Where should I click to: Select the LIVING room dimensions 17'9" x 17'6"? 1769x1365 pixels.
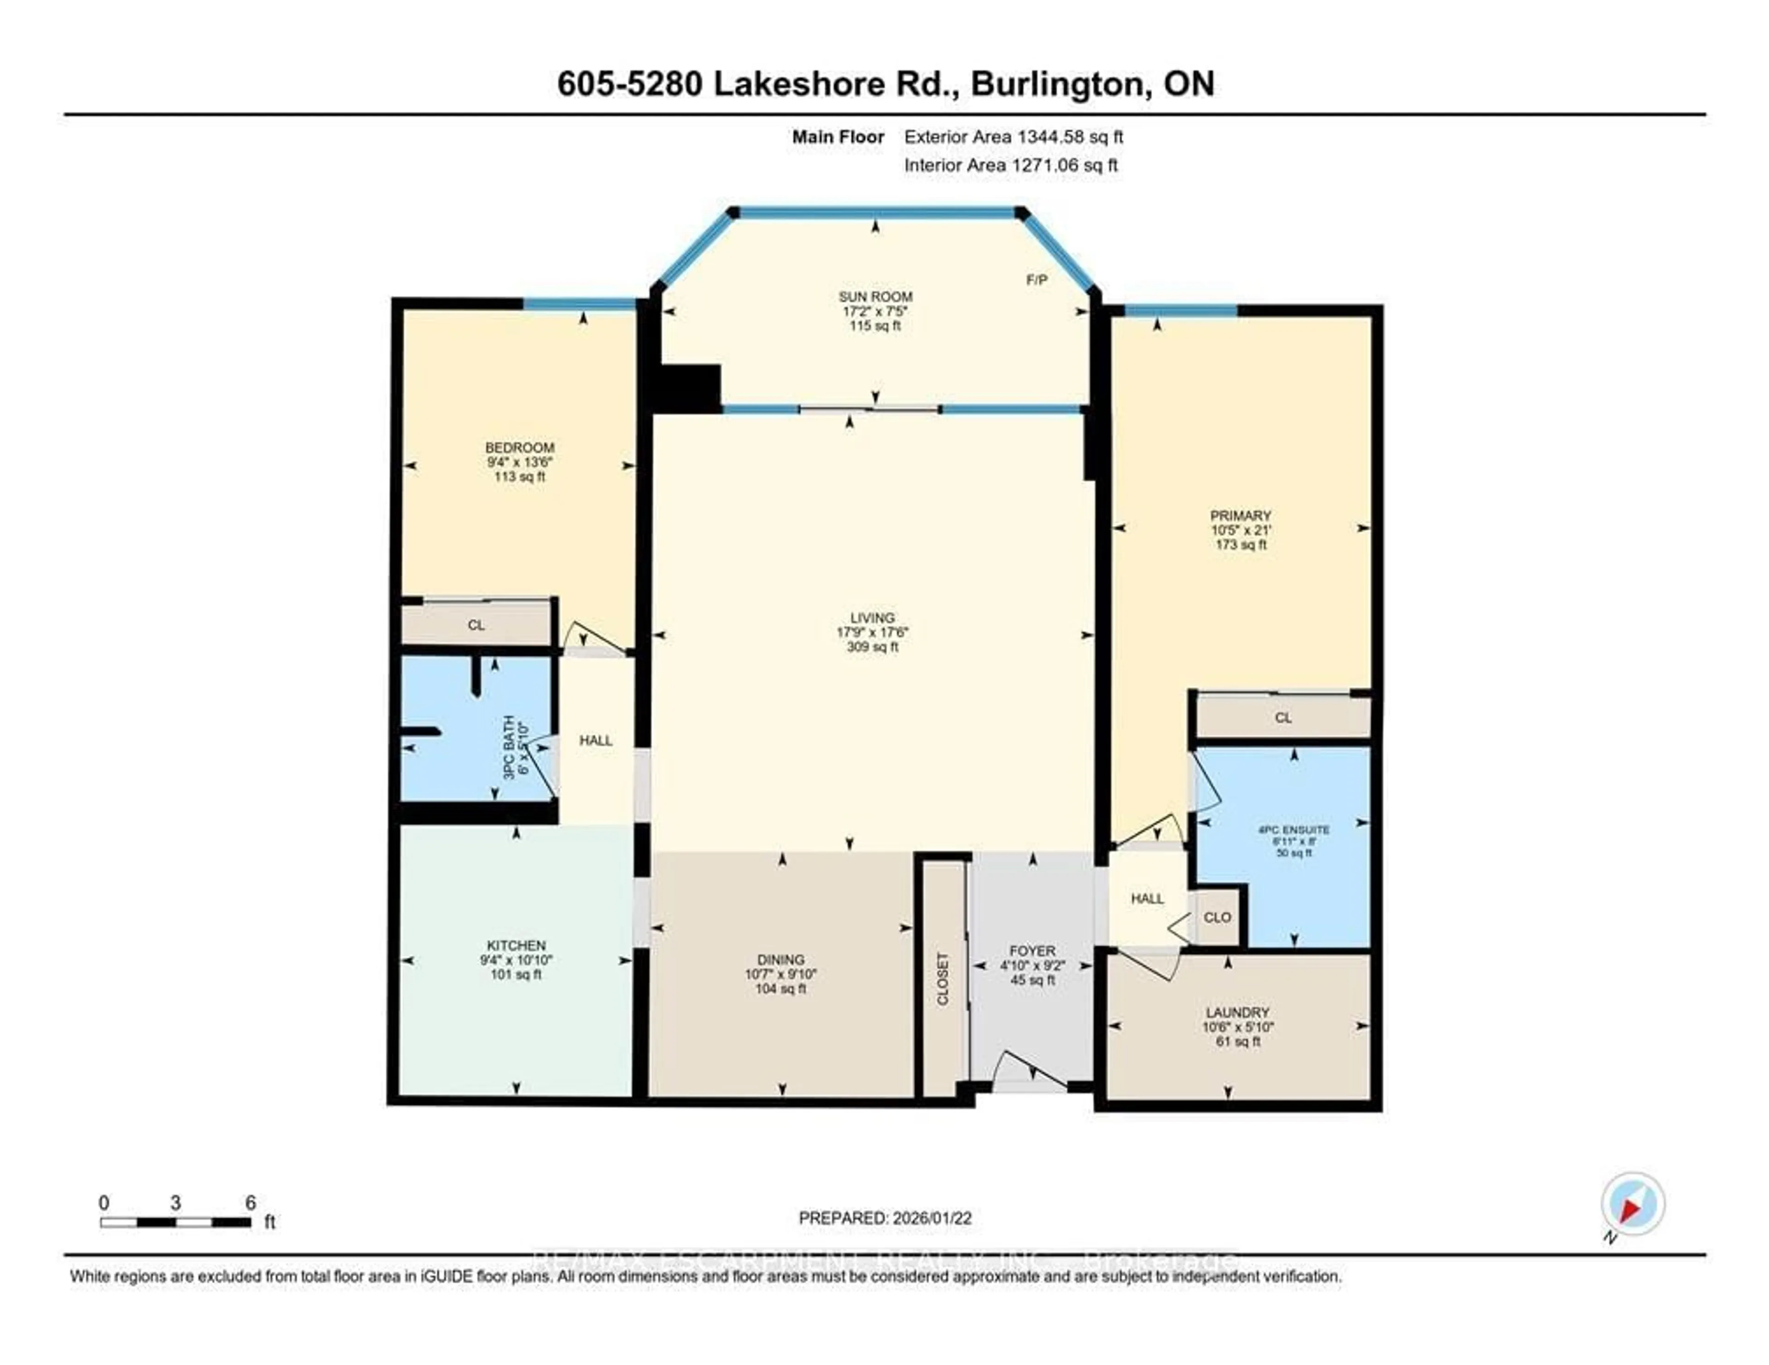873,632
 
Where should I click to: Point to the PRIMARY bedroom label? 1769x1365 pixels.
1240,516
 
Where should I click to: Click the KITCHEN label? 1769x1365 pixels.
516,945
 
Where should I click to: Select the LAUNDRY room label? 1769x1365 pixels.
1237,1012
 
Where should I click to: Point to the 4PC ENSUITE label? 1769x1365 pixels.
1294,830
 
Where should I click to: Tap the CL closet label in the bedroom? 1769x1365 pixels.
476,625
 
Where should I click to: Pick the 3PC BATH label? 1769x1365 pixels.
509,747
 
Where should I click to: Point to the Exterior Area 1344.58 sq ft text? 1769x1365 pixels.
1013,137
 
